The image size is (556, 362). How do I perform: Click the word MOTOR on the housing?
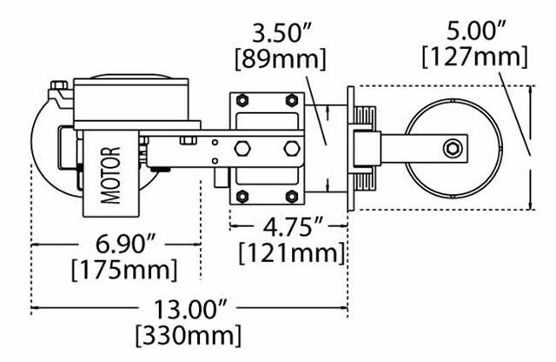click(x=110, y=175)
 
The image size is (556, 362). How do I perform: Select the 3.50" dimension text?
click(x=281, y=33)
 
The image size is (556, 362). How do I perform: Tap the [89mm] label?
click(x=280, y=58)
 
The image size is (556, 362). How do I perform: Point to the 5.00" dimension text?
click(x=476, y=31)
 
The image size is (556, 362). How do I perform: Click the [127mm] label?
click(x=475, y=57)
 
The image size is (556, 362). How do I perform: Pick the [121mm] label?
click(x=292, y=253)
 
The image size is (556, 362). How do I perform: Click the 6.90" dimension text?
click(x=125, y=245)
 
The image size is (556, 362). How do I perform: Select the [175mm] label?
click(x=124, y=270)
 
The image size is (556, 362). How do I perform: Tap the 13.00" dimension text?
click(x=189, y=310)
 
